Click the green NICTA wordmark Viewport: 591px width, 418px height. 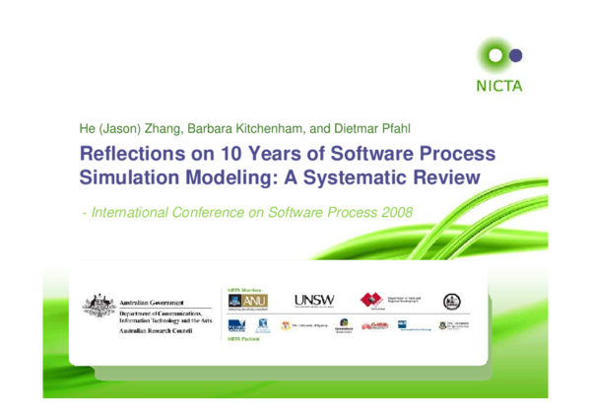(x=499, y=85)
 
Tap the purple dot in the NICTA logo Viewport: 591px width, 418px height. (x=513, y=55)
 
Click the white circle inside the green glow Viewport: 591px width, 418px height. (x=494, y=55)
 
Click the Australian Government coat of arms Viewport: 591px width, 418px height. (x=98, y=307)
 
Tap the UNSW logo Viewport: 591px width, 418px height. (x=313, y=300)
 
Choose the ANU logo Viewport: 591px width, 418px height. (x=250, y=300)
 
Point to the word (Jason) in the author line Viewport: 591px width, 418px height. (x=116, y=128)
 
